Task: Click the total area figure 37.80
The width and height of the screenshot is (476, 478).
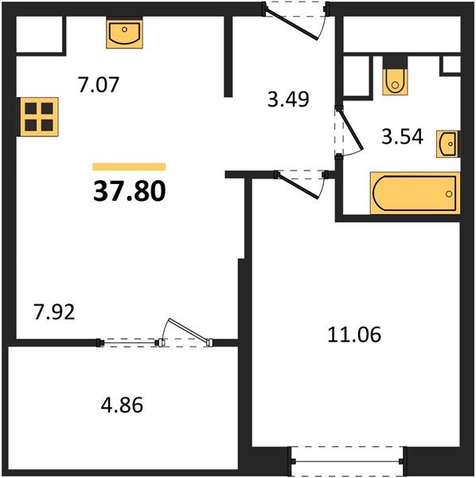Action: click(130, 191)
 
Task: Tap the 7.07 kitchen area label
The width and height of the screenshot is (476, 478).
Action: click(98, 84)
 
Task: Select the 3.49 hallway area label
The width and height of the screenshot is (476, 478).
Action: click(288, 99)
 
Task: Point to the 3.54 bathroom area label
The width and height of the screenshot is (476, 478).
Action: click(402, 136)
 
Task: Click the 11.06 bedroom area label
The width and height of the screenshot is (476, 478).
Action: click(354, 334)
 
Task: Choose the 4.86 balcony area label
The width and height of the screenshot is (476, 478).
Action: click(122, 406)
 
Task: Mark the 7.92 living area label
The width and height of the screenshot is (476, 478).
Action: click(54, 312)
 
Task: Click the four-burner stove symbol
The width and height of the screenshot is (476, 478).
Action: click(39, 116)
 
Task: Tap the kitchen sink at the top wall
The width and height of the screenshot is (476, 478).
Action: click(124, 33)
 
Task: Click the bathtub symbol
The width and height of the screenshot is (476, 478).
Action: click(415, 193)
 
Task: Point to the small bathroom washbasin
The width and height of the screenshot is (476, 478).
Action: click(447, 144)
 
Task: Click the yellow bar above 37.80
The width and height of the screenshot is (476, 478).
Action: click(129, 167)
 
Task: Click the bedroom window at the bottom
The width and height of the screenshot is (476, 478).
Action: click(347, 461)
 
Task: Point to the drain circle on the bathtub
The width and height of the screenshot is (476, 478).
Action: click(449, 194)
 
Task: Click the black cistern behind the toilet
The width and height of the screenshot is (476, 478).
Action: click(396, 62)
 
